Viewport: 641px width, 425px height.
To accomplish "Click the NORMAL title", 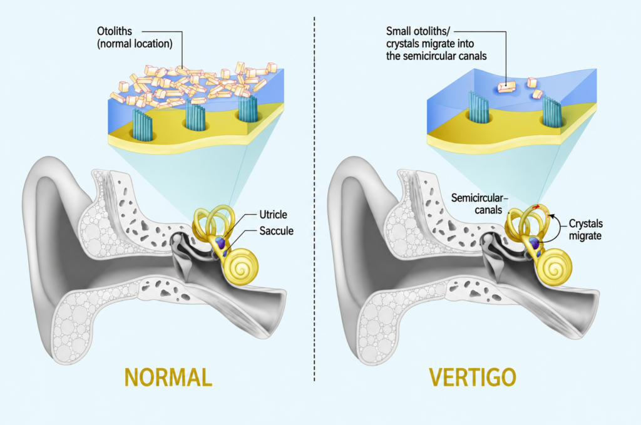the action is tap(168, 377).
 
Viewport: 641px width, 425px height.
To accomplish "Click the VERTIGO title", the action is tap(472, 377).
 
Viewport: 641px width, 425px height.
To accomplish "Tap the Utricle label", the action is tap(273, 215).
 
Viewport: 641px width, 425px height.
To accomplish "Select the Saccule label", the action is tap(276, 231).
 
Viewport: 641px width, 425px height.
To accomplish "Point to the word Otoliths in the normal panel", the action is tap(115, 31).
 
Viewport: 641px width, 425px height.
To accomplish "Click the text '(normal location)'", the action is tap(135, 43).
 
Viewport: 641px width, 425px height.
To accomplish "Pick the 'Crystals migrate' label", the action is tap(586, 230).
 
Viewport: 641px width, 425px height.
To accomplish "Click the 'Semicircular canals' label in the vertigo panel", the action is tap(477, 204).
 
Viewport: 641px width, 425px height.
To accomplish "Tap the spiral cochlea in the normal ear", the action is tap(242, 267).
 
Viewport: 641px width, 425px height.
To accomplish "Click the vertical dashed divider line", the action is tap(314, 200).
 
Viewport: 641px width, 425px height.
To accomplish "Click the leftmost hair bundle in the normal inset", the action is tap(142, 124).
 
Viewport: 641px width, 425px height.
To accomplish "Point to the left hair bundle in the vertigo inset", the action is tap(479, 108).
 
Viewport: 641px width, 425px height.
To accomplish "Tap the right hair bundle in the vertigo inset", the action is tap(552, 111).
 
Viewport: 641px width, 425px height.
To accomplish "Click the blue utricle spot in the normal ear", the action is tap(221, 242).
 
